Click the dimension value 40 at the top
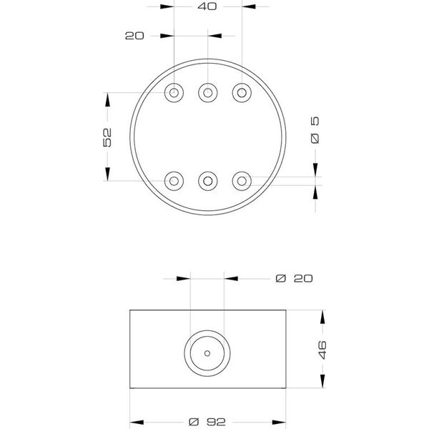tap(207, 6)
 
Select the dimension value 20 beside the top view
tap(134, 36)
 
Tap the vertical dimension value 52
tap(107, 137)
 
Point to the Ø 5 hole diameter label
tap(315, 130)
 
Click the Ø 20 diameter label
tap(294, 279)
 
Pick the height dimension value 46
tap(322, 350)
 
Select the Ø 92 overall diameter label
tap(207, 422)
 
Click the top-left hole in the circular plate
tap(174, 93)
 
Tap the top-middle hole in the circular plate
tap(208, 93)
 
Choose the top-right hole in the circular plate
tap(242, 93)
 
